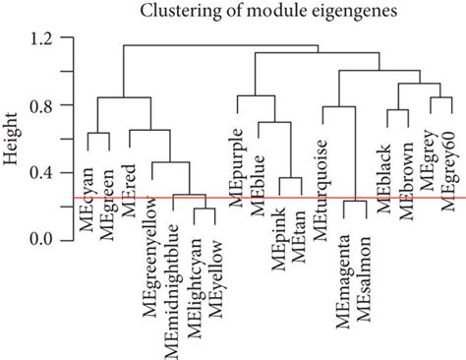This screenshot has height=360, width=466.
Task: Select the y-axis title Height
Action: tap(13, 142)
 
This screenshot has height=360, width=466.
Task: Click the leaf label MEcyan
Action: tap(89, 180)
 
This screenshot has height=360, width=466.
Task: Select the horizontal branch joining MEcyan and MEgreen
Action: tap(99, 133)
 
